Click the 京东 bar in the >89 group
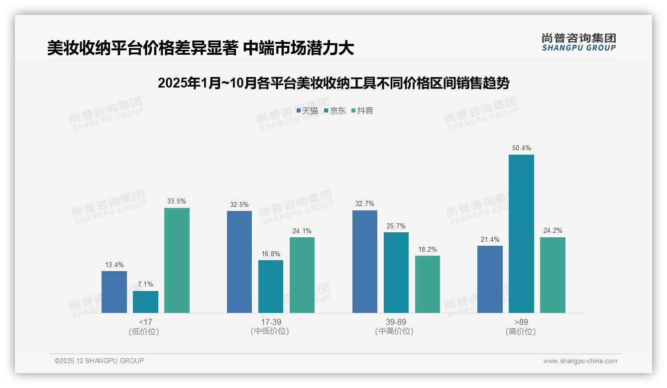click(521, 234)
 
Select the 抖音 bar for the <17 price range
click(177, 260)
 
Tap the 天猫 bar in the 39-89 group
click(365, 262)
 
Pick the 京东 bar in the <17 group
click(145, 302)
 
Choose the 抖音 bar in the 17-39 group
click(302, 275)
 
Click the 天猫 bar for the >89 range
click(490, 279)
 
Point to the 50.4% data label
click(521, 148)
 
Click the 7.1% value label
click(145, 284)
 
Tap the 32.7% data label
click(365, 204)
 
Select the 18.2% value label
click(428, 249)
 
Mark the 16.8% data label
click(271, 254)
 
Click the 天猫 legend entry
click(307, 111)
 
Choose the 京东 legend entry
click(335, 111)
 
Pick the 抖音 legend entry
click(363, 111)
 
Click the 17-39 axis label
click(271, 322)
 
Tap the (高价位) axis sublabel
click(521, 331)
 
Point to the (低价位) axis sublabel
click(145, 331)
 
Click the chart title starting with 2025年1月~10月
click(333, 83)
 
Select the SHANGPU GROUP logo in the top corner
click(579, 42)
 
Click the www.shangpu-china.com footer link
click(580, 361)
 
